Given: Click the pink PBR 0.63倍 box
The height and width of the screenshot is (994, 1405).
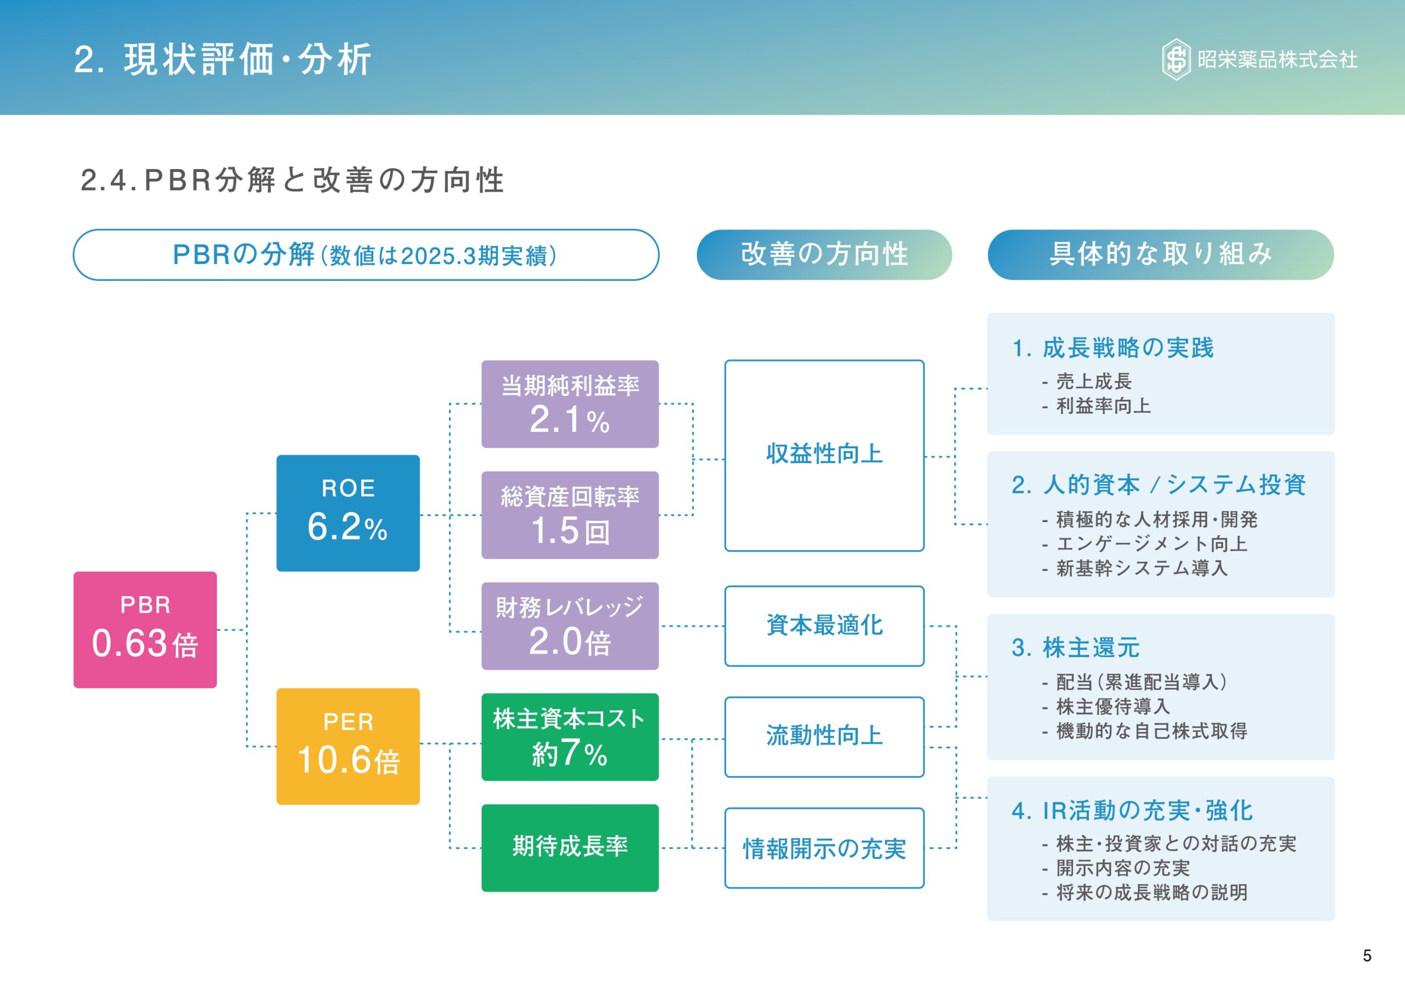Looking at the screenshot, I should (145, 629).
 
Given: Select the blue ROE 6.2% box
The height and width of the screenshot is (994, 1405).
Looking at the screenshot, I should (347, 513).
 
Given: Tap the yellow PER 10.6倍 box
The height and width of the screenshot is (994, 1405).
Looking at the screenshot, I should (347, 746).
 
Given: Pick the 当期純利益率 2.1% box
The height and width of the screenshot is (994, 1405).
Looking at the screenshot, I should (570, 404).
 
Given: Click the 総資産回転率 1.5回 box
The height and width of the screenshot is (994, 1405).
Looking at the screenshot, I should (570, 515).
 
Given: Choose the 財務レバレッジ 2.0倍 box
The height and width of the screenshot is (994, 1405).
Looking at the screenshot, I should (570, 626).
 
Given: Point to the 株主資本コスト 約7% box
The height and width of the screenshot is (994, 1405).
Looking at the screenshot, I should (570, 737).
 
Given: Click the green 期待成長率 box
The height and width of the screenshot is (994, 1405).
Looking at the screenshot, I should (570, 847).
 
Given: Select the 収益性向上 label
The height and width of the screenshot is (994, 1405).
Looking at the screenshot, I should (824, 454).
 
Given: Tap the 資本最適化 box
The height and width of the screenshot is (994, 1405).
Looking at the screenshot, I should (824, 626).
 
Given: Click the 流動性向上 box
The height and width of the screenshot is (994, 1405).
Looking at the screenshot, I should (824, 737).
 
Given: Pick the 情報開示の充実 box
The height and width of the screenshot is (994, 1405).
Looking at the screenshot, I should (824, 849).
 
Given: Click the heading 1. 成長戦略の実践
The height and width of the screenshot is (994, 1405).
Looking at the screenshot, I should (1113, 347).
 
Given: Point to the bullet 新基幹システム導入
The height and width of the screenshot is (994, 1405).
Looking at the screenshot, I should (1142, 569).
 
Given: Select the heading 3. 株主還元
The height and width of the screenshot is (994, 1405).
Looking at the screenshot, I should (1076, 648).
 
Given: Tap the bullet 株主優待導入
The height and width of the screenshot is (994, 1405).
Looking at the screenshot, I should (1113, 707).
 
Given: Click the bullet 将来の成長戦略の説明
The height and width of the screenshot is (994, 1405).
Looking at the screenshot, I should (1151, 892).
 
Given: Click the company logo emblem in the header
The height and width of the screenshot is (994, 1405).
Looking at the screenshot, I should (1176, 59).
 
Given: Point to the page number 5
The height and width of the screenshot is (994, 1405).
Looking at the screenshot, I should (1367, 956).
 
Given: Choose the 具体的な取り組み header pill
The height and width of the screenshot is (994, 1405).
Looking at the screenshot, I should (1160, 255).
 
